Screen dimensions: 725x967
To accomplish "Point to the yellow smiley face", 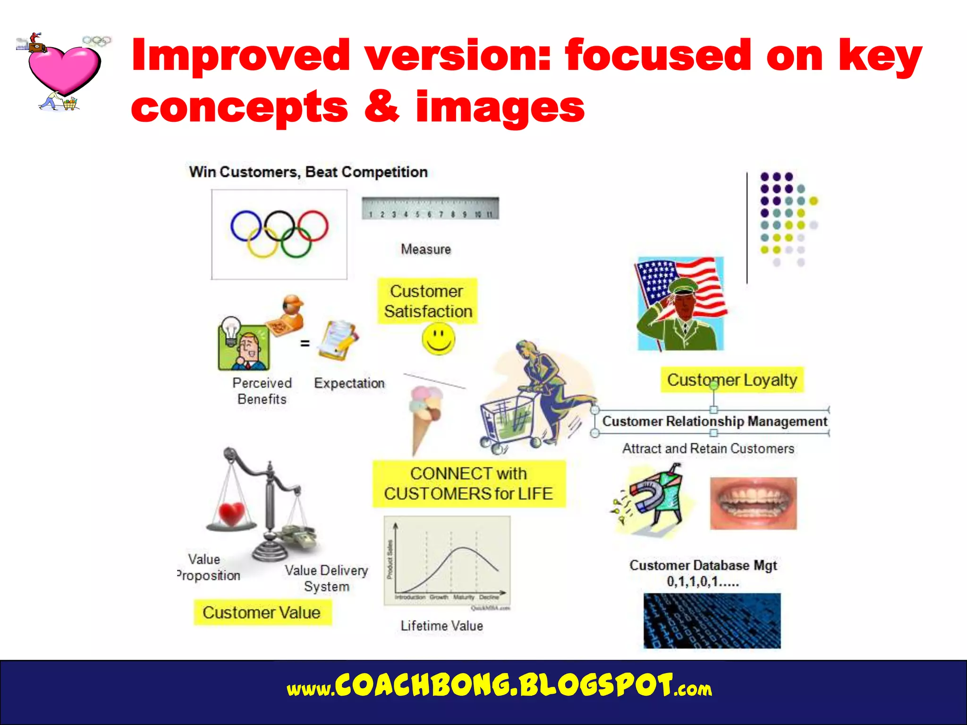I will click(438, 339).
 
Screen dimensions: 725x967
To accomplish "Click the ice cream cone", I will click(424, 415).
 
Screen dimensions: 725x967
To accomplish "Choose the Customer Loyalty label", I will click(731, 380).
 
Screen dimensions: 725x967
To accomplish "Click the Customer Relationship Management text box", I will click(714, 421).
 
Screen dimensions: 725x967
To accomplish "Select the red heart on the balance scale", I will click(231, 514).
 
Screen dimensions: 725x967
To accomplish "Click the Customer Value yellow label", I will click(262, 613).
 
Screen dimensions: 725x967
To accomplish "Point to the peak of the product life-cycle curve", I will click(464, 548).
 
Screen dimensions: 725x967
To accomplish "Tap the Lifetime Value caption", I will click(441, 626).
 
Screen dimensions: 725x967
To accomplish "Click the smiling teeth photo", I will click(753, 503).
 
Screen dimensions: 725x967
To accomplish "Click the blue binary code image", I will click(712, 621).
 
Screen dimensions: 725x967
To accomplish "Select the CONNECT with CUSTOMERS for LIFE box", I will click(468, 484).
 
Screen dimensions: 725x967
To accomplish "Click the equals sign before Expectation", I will click(305, 344).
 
